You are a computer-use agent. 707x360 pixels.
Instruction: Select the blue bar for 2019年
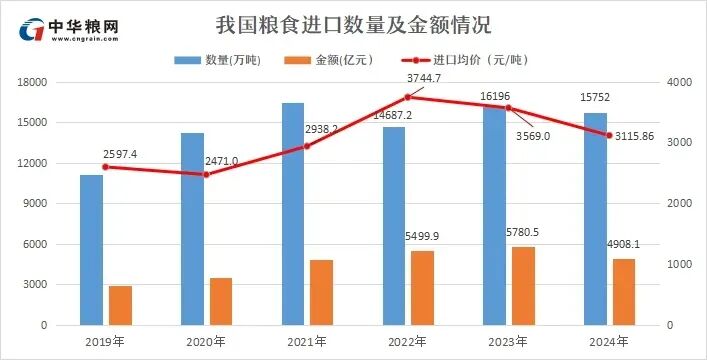coord(91,250)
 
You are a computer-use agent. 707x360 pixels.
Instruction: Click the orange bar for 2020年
coord(221,301)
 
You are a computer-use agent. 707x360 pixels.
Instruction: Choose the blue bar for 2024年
coord(595,219)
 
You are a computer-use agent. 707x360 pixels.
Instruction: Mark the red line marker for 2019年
coord(105,167)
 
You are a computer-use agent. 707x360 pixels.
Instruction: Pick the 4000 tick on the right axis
coord(679,82)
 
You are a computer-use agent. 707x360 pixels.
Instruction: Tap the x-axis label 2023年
coord(508,342)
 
